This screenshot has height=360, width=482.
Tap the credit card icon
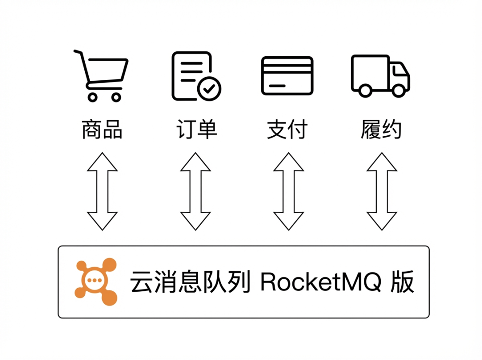click(287, 75)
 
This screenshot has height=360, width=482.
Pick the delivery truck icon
click(380, 75)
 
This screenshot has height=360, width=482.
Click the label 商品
click(102, 130)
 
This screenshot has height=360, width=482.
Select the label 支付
click(287, 130)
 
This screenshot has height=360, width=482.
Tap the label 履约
click(381, 130)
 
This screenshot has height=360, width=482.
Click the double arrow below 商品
click(102, 191)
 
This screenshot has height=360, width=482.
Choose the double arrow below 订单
click(195, 191)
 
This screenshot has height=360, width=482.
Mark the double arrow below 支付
click(288, 191)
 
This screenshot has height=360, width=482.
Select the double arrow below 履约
click(382, 191)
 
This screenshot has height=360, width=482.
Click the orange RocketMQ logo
click(96, 281)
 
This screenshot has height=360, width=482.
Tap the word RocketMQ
click(320, 282)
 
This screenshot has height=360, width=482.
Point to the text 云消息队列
click(190, 282)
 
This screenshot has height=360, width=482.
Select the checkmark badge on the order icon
click(209, 88)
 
